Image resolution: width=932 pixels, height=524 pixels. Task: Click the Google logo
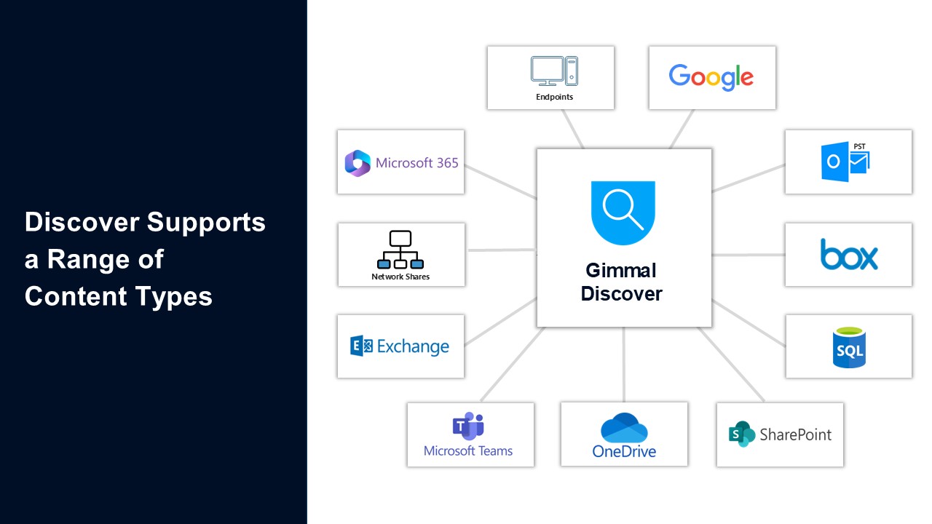tap(711, 77)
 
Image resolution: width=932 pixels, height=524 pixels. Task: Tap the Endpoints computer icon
tap(554, 71)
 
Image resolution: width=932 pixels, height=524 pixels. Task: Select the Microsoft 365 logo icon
tap(358, 163)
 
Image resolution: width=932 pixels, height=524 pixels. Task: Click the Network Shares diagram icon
tap(400, 250)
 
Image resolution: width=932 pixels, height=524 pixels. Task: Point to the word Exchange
tap(413, 346)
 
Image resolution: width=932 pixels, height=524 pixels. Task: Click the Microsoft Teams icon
tap(469, 426)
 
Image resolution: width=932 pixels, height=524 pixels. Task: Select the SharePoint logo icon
tap(742, 434)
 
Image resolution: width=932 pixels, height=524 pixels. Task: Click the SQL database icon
tap(848, 347)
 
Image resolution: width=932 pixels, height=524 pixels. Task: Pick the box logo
tap(848, 255)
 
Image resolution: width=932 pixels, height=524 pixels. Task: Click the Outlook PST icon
tap(845, 161)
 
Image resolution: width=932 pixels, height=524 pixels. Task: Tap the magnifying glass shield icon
tap(623, 212)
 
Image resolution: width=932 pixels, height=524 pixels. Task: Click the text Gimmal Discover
tap(621, 282)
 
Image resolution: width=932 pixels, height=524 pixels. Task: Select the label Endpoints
tap(554, 97)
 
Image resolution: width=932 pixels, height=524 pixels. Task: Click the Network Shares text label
tap(400, 277)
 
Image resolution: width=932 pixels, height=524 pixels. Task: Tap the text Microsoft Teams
tap(468, 451)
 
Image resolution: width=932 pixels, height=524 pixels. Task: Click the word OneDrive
tap(624, 451)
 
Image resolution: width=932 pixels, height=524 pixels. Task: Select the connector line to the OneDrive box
tap(624, 364)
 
